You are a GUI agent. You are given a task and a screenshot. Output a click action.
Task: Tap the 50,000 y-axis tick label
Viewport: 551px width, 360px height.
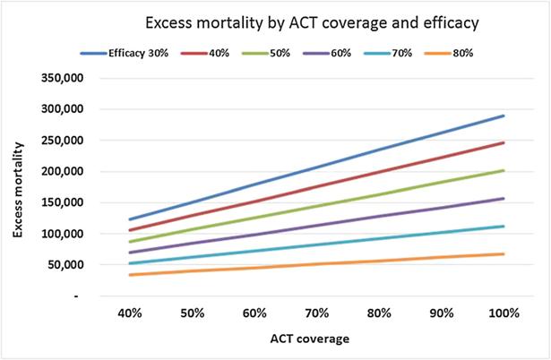point(65,265)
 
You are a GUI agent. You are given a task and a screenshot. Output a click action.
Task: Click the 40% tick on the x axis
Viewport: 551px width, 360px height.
point(128,314)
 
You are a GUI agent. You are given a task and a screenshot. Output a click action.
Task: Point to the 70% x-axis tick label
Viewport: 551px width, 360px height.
point(316,314)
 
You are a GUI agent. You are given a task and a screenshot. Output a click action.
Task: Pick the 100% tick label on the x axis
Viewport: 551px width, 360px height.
point(504,314)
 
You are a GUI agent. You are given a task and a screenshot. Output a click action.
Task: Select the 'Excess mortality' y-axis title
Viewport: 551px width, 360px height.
point(20,186)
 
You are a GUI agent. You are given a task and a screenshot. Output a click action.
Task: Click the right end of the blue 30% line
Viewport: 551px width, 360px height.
point(504,116)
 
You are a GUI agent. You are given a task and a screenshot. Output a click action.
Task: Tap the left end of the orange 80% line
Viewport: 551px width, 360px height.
point(129,275)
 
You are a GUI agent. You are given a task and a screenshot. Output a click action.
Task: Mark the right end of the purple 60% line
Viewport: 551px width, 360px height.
point(504,199)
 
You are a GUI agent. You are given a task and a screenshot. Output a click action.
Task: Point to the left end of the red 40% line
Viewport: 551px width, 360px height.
point(129,230)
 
